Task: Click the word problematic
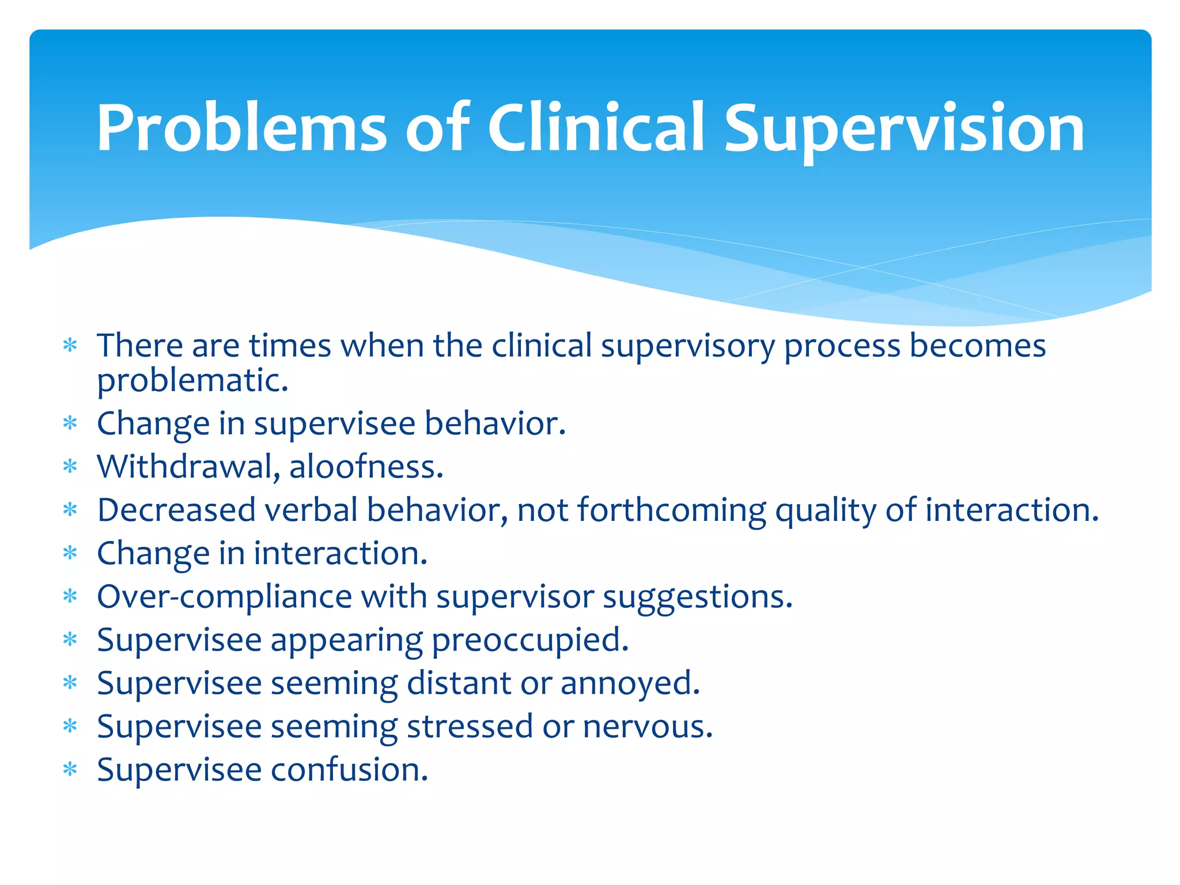192,382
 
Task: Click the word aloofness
366,467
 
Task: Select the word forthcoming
671,510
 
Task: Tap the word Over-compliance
224,597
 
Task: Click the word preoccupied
530,641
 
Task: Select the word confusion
349,770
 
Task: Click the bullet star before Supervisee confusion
70,770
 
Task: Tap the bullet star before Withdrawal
70,467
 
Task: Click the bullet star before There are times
70,346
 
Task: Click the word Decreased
176,510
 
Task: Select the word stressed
470,727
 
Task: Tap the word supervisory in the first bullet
688,347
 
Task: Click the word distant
459,684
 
